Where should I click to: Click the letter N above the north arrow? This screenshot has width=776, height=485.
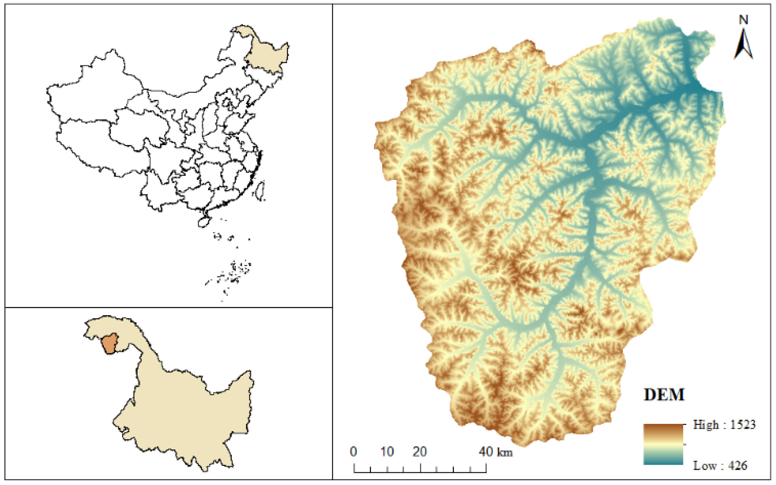click(x=744, y=20)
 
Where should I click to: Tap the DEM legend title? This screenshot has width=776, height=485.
click(x=664, y=395)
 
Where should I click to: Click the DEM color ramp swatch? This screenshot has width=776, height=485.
click(x=663, y=444)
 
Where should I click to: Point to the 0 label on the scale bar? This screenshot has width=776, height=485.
click(x=353, y=452)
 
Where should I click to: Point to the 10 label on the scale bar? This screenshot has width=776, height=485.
click(x=387, y=452)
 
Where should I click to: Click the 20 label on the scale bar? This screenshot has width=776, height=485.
click(x=420, y=452)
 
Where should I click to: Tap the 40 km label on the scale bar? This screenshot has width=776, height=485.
click(x=496, y=452)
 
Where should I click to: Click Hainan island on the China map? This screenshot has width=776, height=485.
click(x=204, y=222)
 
